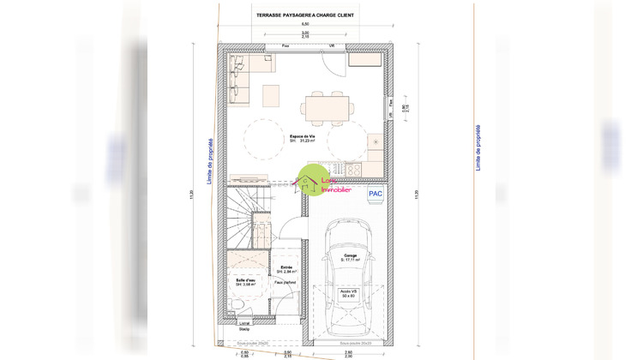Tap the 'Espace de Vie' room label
coord(299,136)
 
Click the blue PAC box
coord(375,195)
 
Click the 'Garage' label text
coord(352,255)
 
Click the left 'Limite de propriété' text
coord(210,154)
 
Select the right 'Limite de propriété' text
coord(478,147)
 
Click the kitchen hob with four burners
coord(336,169)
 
